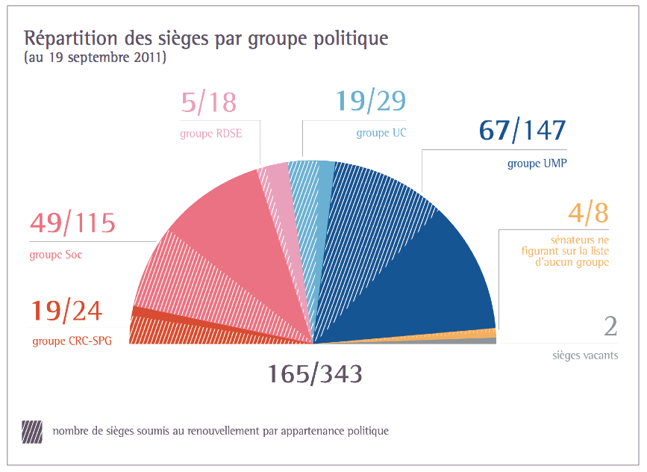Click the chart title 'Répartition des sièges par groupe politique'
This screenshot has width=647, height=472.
(206, 38)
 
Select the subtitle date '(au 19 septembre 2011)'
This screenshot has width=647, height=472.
(95, 58)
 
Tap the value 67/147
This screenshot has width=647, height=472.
(522, 130)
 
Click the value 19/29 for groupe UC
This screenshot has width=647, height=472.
(371, 101)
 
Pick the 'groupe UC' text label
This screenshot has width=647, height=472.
(381, 134)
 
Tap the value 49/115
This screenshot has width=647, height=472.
(72, 223)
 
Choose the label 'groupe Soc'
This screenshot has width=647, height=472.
(56, 255)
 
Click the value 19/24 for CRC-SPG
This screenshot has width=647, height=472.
(66, 310)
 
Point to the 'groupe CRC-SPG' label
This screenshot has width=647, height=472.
(72, 342)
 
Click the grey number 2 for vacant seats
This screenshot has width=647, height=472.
(610, 327)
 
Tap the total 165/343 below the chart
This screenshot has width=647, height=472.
(314, 373)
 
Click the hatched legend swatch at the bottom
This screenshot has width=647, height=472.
(33, 432)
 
